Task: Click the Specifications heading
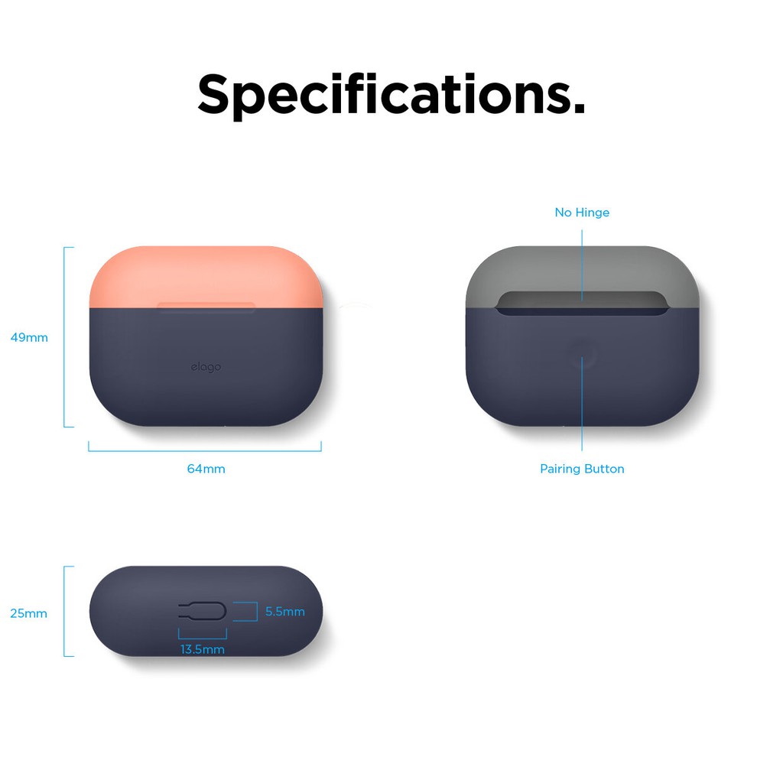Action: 391,95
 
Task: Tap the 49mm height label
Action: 29,337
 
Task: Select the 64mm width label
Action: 206,469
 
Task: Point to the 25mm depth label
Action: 28,613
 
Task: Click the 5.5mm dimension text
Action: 284,611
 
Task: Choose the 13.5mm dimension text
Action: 202,649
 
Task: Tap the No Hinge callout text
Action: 582,213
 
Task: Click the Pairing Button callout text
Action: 582,469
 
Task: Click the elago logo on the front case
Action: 206,367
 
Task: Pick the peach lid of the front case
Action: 206,276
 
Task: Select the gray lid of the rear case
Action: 582,270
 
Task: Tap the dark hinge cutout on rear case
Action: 582,303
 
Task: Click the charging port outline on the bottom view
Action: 203,611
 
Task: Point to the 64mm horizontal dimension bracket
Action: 205,451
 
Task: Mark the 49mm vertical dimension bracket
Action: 65,337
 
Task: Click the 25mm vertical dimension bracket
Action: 65,611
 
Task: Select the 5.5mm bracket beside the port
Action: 257,611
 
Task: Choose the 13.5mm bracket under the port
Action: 202,638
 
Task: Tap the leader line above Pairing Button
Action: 582,404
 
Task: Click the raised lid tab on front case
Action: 206,306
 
